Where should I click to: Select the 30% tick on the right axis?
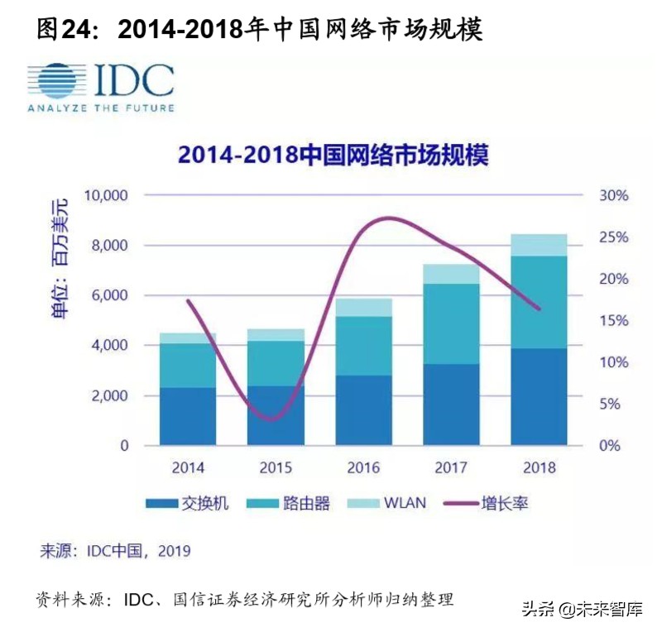(x=613, y=195)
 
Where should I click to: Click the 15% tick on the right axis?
(x=613, y=320)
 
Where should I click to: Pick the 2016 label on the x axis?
(x=363, y=467)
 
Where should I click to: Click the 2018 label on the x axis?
(x=540, y=467)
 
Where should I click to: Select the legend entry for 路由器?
(x=294, y=503)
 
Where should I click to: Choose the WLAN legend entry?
(x=393, y=503)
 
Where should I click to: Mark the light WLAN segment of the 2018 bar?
(x=540, y=245)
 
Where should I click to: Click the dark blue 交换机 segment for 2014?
(x=188, y=416)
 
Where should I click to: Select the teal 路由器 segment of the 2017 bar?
(x=452, y=323)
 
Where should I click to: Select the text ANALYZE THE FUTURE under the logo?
(x=100, y=108)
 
